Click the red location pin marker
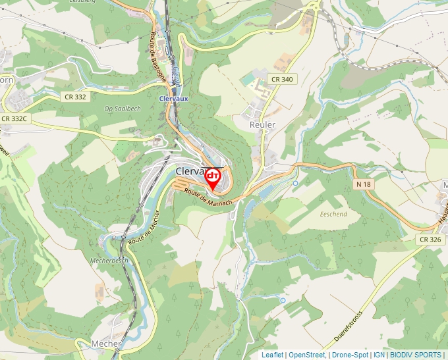coord(213,179)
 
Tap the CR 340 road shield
coord(281,79)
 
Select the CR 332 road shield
coord(75,97)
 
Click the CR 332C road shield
coord(14,119)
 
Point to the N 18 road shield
coord(363,184)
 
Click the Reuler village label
coord(262,124)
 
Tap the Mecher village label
coord(107,344)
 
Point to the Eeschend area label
coord(333,215)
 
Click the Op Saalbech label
coord(123,109)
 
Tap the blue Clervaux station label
coord(175,99)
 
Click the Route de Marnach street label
coord(209,197)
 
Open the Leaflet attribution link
coord(272,355)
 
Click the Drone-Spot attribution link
coord(350,355)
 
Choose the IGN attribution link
coord(379,355)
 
